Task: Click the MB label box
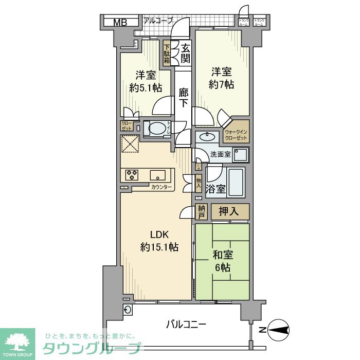pyautogui.click(x=120, y=22)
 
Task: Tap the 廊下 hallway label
pyautogui.click(x=183, y=98)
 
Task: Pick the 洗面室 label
pyautogui.click(x=220, y=154)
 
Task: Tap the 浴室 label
pyautogui.click(x=215, y=188)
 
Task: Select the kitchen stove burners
pyautogui.click(x=131, y=175)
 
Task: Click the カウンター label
pyautogui.click(x=161, y=187)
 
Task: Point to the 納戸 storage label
pyautogui.click(x=201, y=212)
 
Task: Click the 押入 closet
pyautogui.click(x=230, y=211)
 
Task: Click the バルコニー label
pyautogui.click(x=186, y=325)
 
